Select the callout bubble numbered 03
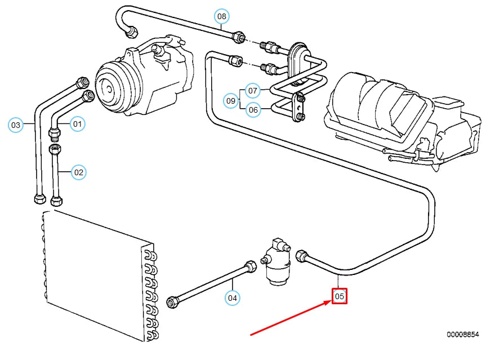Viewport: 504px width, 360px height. [x=16, y=125]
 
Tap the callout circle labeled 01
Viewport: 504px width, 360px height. [x=77, y=123]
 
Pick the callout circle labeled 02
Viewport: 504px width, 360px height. [x=78, y=172]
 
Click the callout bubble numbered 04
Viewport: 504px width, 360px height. [x=232, y=297]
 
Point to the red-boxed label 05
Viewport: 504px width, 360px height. [x=339, y=296]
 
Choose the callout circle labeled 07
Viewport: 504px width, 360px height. [x=253, y=91]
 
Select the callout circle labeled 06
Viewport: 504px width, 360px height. [x=253, y=110]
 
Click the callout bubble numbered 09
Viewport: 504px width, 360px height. [x=231, y=101]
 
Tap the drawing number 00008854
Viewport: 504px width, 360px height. [x=463, y=335]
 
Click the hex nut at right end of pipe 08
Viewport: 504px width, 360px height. [x=239, y=37]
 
